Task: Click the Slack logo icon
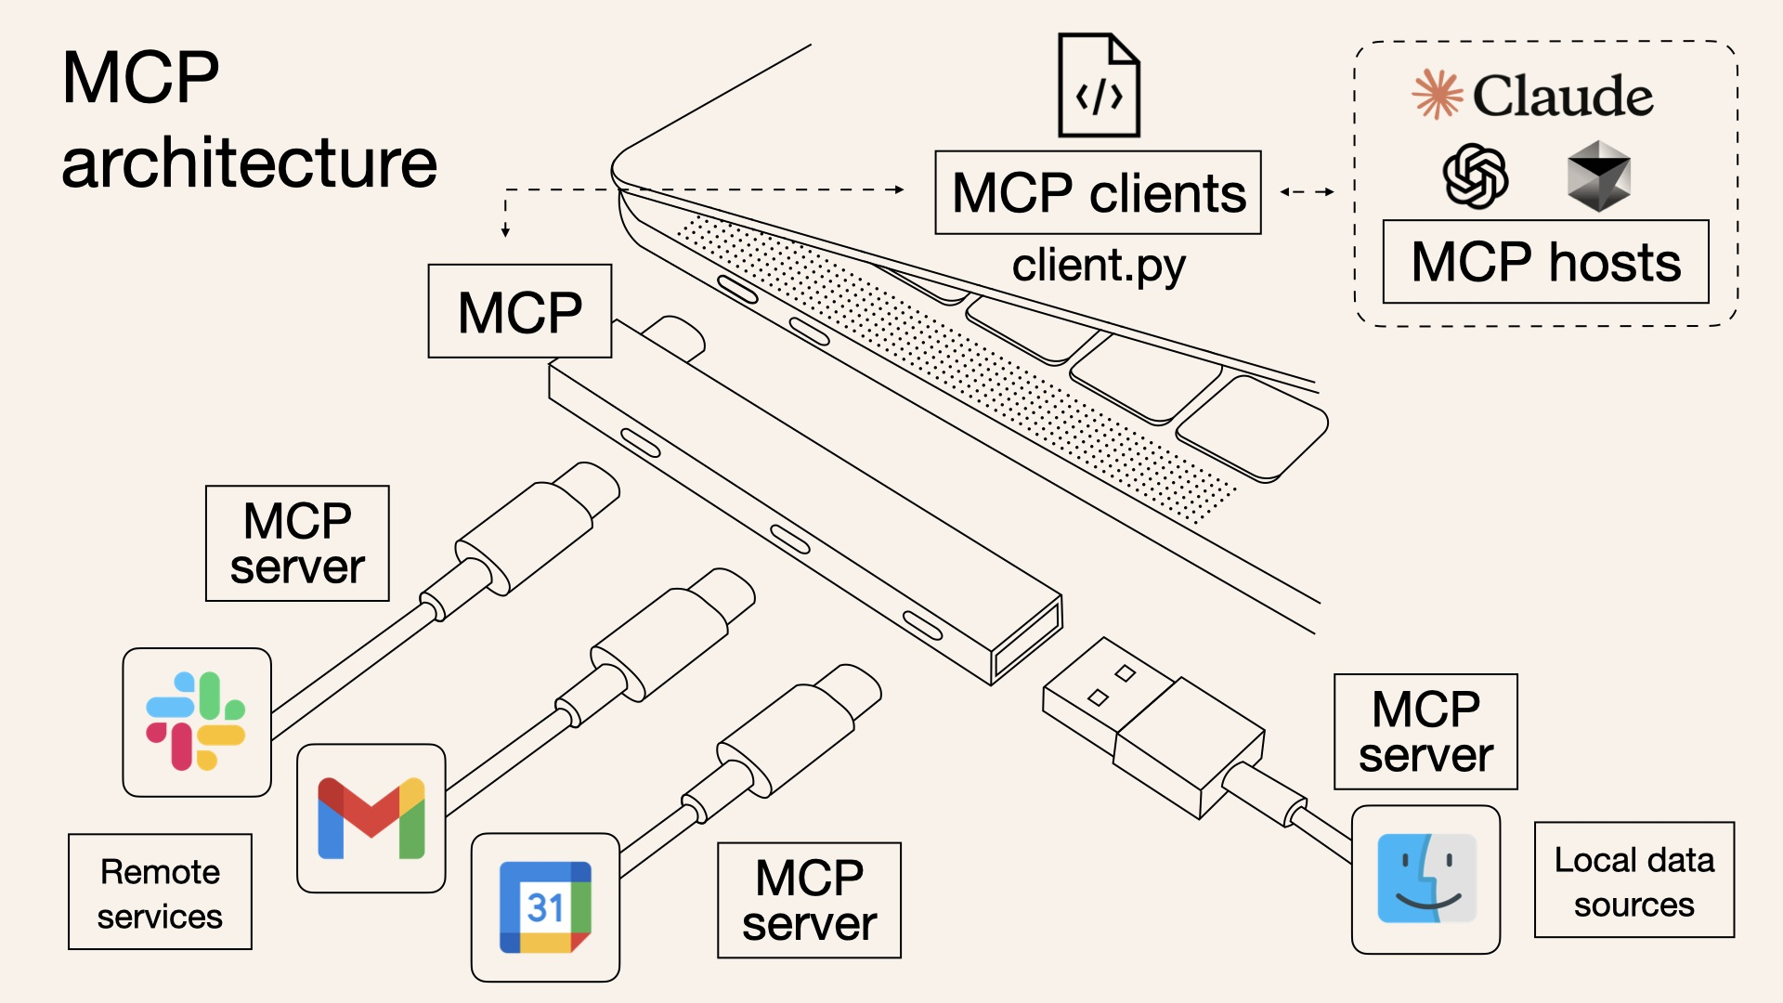(x=196, y=722)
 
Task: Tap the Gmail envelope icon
(x=371, y=818)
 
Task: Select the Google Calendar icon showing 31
(x=545, y=907)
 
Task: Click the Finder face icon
(x=1425, y=879)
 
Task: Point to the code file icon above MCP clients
(x=1099, y=85)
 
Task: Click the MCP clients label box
(x=1098, y=192)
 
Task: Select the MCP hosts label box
(x=1545, y=261)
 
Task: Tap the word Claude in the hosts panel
(x=1562, y=96)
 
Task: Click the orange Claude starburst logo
(x=1437, y=94)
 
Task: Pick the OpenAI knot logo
(x=1475, y=176)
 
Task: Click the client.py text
(x=1098, y=266)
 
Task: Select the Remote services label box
(x=160, y=892)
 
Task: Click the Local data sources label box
(x=1633, y=879)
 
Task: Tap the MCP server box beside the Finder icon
(x=1425, y=732)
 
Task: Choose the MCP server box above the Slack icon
(x=297, y=543)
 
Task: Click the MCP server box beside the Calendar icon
(x=809, y=900)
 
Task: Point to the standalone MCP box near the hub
(x=519, y=311)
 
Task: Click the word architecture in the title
(x=249, y=163)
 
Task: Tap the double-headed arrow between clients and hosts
(x=1307, y=192)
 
